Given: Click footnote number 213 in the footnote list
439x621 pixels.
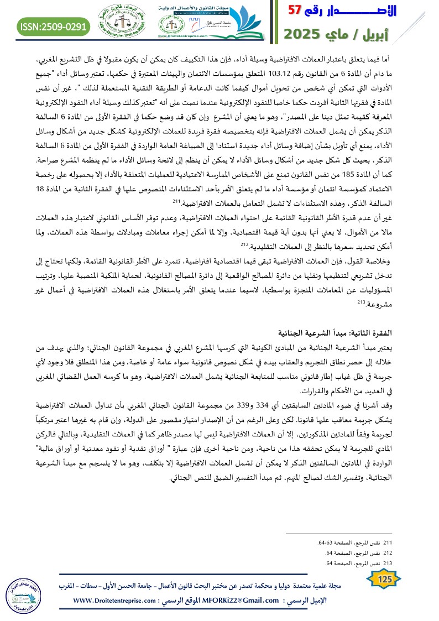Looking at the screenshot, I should (x=388, y=563).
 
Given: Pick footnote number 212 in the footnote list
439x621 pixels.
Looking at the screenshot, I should (x=388, y=554).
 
